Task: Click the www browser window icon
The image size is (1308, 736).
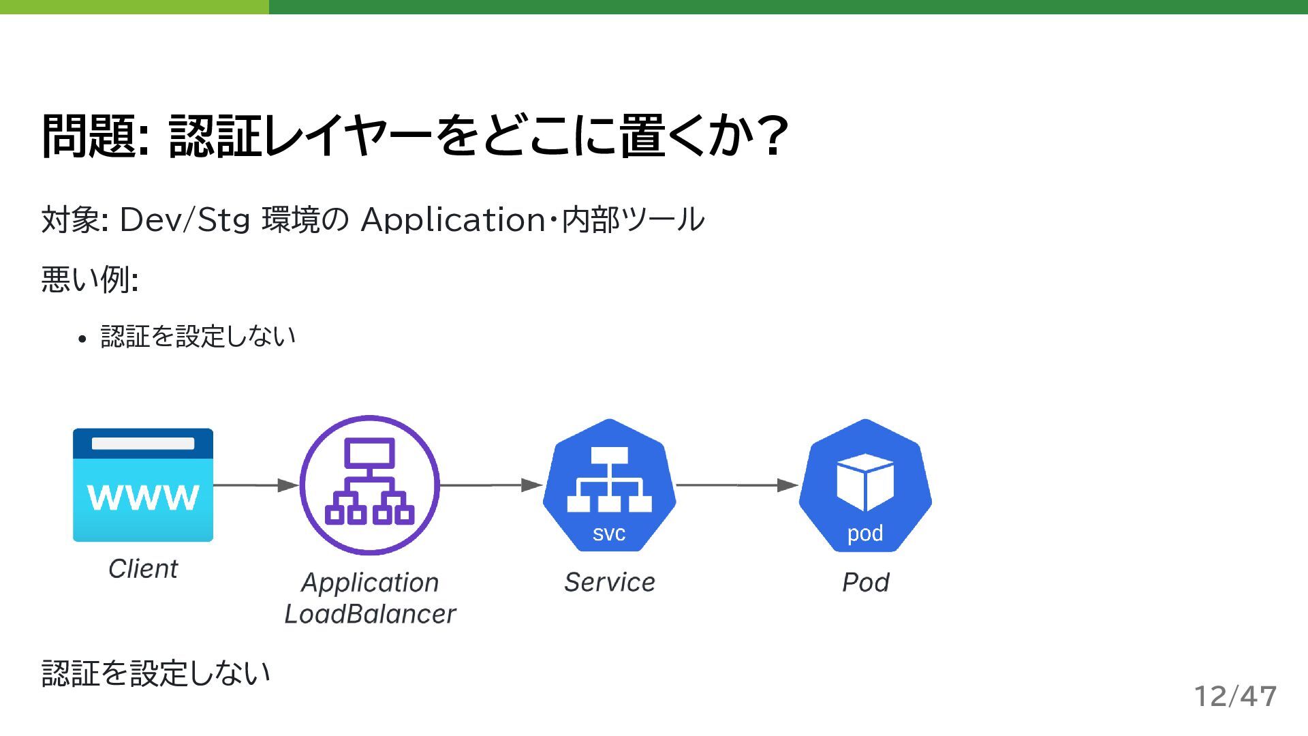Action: tap(143, 485)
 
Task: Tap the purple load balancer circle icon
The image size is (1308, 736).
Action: tap(370, 485)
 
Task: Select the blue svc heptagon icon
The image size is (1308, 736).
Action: tap(609, 485)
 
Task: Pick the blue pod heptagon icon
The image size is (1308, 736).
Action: tap(865, 485)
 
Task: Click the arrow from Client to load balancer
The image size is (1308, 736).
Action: tap(256, 485)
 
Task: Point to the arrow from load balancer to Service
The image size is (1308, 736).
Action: tap(491, 485)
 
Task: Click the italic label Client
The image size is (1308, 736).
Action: tap(143, 569)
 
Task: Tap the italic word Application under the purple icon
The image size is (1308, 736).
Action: tap(370, 583)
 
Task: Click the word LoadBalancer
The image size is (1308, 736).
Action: tap(370, 614)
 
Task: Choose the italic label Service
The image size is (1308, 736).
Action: tap(609, 583)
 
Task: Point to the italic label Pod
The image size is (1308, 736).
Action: tap(865, 583)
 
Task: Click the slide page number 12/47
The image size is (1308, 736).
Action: tap(1235, 696)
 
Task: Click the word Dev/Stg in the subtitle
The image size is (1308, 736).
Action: tap(185, 220)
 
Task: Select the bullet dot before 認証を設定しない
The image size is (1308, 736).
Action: tap(82, 339)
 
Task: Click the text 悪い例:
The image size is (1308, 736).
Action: tap(90, 279)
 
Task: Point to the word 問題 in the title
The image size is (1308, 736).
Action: tap(87, 136)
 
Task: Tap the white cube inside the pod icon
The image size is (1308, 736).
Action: tap(865, 482)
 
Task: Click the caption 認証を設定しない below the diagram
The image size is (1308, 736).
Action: tap(156, 673)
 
